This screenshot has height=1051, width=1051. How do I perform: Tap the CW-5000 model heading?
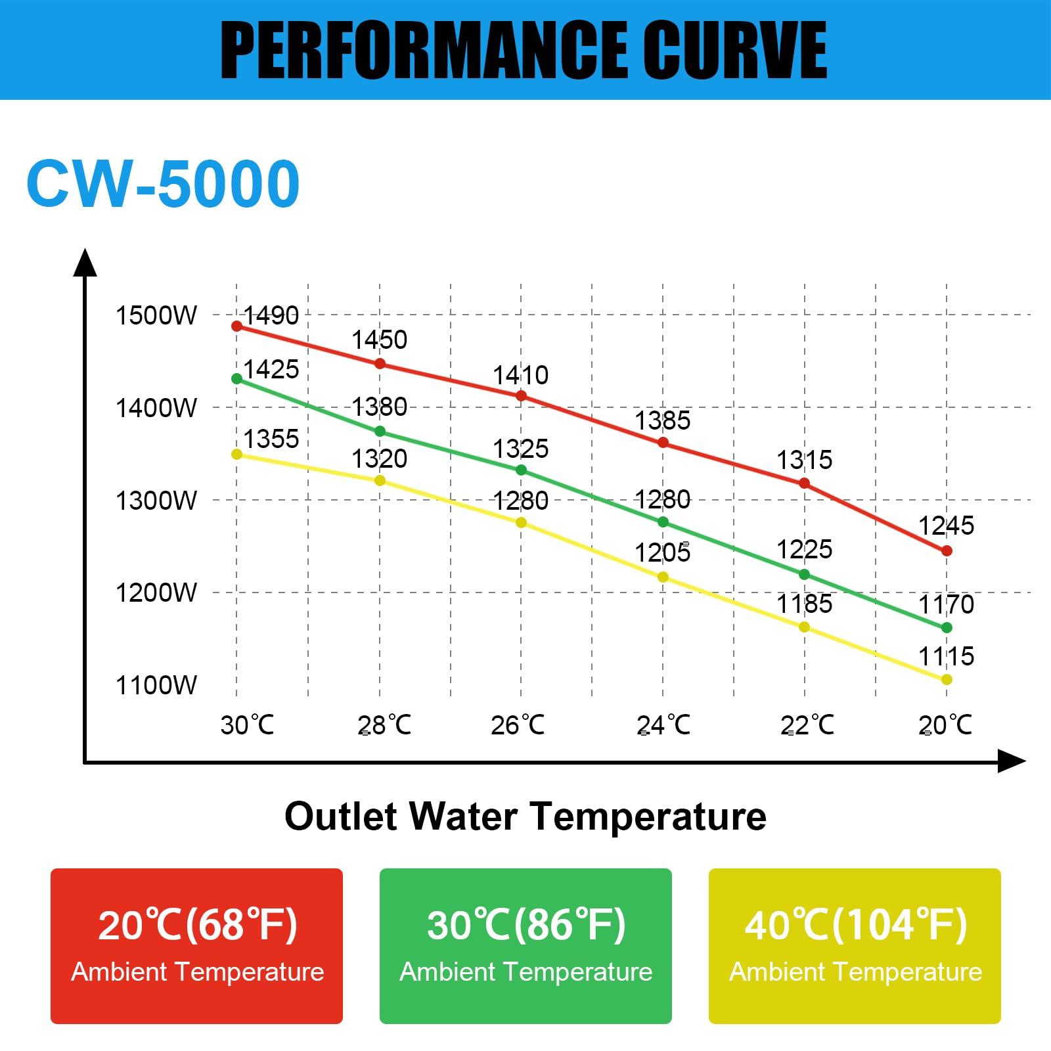tap(163, 183)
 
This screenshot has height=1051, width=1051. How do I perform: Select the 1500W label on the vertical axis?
tap(156, 315)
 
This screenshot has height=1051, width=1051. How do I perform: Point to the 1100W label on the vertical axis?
tap(156, 685)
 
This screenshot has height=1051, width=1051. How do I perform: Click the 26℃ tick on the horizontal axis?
tap(518, 725)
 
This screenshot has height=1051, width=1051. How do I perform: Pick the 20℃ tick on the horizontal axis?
tap(945, 725)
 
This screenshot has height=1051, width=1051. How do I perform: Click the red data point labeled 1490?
tap(237, 326)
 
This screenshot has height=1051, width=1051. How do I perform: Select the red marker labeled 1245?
tap(947, 550)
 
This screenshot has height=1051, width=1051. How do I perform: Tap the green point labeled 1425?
tap(237, 378)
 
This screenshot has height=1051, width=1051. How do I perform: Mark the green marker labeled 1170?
tap(947, 627)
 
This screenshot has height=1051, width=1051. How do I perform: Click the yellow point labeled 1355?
tap(237, 454)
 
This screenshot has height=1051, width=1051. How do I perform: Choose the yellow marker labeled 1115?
tap(947, 679)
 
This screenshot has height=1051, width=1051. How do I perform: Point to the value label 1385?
tap(662, 420)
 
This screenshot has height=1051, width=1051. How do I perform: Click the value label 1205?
tap(662, 553)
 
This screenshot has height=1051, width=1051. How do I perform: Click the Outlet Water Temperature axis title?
tap(525, 816)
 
